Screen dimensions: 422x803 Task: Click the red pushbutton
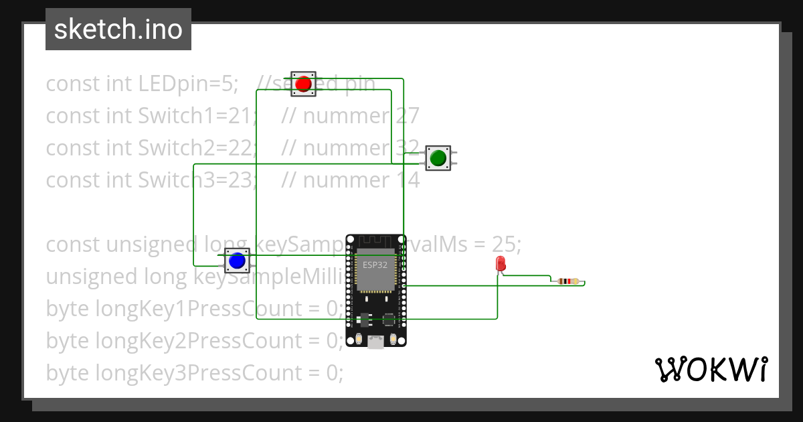(303, 84)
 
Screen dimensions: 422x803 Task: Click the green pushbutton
(438, 158)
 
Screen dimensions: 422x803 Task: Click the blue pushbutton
(236, 260)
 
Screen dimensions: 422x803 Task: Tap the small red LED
(501, 264)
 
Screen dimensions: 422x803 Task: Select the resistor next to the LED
(568, 281)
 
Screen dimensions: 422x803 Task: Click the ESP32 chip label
(375, 265)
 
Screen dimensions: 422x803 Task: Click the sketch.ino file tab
(118, 29)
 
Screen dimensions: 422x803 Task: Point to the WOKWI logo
(711, 369)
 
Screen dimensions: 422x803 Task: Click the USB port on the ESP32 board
(376, 342)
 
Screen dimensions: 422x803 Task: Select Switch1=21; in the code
(197, 116)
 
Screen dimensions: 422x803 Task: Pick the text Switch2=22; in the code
(197, 148)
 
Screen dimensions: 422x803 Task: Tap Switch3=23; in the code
(197, 180)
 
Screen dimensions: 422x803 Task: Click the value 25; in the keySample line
(506, 244)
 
